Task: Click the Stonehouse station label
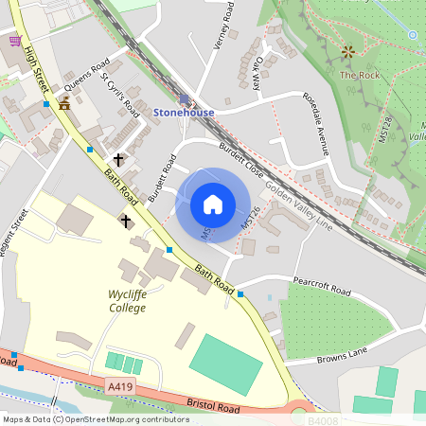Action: tap(184, 113)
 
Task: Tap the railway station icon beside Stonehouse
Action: tap(184, 98)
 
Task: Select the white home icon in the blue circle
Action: tap(213, 204)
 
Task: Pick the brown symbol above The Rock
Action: tap(347, 51)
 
